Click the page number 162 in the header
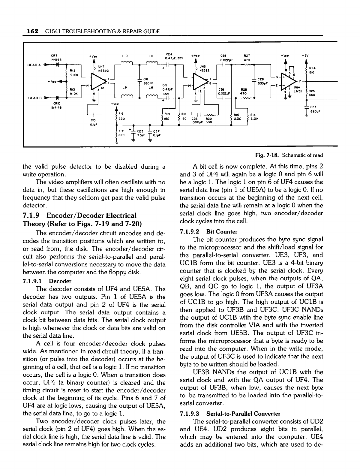click(x=32, y=31)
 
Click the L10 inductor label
click(x=125, y=56)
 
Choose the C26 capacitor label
click(x=194, y=118)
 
